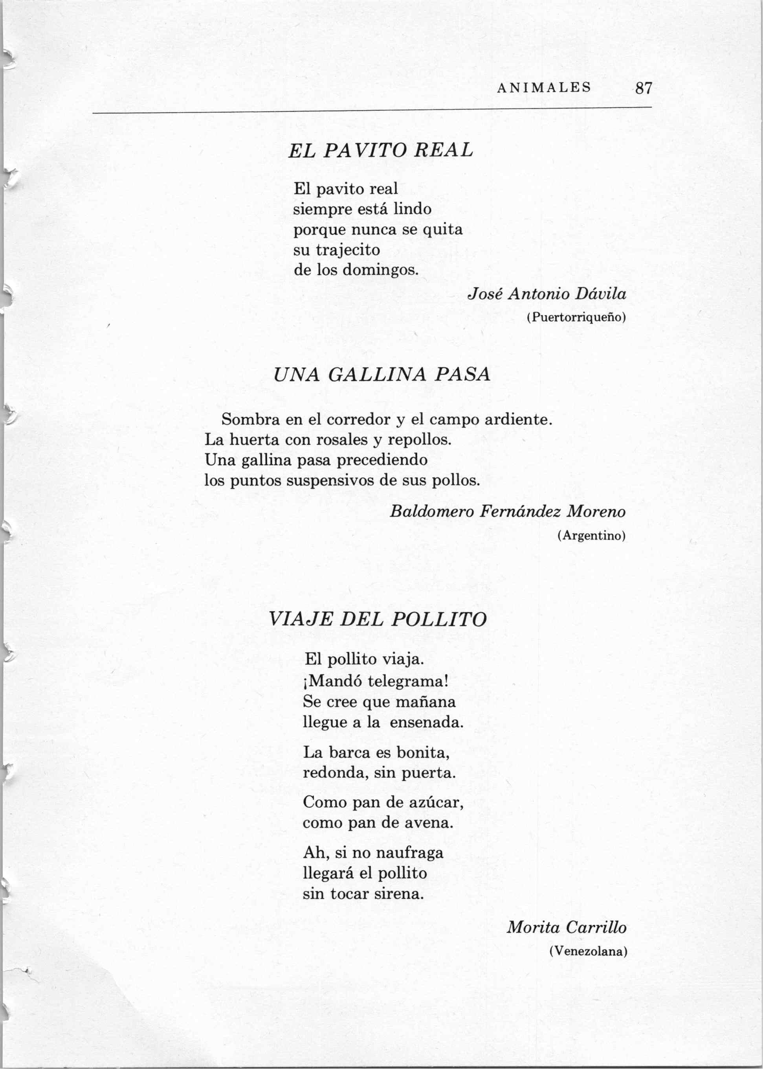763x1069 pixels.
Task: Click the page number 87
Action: [x=644, y=88]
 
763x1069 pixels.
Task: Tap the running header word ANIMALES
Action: [x=544, y=87]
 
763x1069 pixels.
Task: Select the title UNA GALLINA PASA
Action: [x=381, y=375]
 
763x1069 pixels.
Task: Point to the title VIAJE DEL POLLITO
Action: [x=377, y=619]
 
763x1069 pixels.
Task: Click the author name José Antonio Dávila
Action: [x=547, y=294]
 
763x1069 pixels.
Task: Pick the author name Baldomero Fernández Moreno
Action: [x=507, y=511]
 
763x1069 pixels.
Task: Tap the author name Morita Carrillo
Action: [x=567, y=927]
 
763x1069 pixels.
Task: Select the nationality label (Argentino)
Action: [x=592, y=535]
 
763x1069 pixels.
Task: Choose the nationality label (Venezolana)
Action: [x=588, y=951]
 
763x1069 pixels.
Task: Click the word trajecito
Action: [x=348, y=250]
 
